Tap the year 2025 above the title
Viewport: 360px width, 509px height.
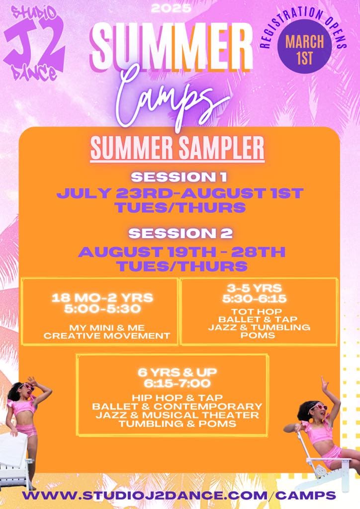point(171,8)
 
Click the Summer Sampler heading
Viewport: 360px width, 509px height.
point(177,148)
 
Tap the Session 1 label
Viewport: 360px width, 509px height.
point(179,177)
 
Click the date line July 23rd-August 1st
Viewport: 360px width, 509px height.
point(180,193)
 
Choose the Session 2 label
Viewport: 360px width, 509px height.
point(180,233)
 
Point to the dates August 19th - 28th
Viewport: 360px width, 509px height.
point(182,252)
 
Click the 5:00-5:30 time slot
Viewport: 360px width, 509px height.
point(102,308)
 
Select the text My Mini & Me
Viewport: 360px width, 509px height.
point(107,328)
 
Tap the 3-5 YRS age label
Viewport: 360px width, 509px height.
point(254,288)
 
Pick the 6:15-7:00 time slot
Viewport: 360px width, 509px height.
point(177,383)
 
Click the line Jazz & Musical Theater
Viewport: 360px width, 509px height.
point(177,415)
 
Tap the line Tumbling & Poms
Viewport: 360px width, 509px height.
point(177,424)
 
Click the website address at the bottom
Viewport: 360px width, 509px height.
point(179,496)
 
